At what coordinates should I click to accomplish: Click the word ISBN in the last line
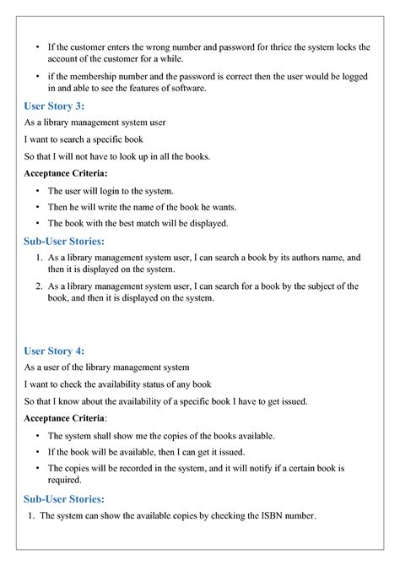(x=256, y=516)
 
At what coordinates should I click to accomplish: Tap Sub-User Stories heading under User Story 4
(x=64, y=498)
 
